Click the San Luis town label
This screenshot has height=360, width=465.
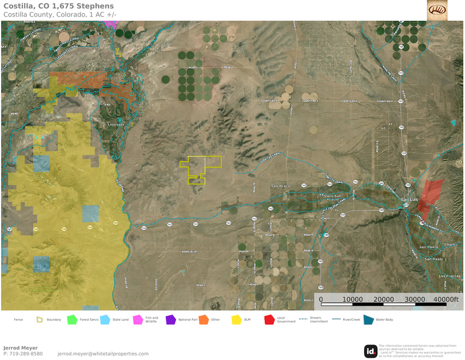[x=409, y=199]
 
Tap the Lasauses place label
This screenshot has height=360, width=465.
[x=117, y=124]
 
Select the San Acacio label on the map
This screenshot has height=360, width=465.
[x=281, y=185]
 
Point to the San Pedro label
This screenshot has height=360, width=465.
[x=429, y=247]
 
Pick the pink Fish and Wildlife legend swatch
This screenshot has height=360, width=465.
[x=138, y=320]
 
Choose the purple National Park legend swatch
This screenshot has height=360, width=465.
[x=170, y=320]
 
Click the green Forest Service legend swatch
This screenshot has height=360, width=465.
[x=72, y=320]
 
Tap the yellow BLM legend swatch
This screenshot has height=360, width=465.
[x=236, y=320]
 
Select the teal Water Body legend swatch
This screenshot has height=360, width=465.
[x=368, y=320]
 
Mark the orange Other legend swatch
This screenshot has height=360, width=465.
[x=203, y=320]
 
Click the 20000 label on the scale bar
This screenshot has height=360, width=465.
[x=383, y=300]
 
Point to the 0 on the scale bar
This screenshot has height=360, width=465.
[x=321, y=300]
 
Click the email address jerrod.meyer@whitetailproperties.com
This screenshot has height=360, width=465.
[x=103, y=354]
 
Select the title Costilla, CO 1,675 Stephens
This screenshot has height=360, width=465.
[x=59, y=6]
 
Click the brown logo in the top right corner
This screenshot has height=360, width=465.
[x=437, y=10]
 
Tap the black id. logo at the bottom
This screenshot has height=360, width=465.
[x=371, y=351]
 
